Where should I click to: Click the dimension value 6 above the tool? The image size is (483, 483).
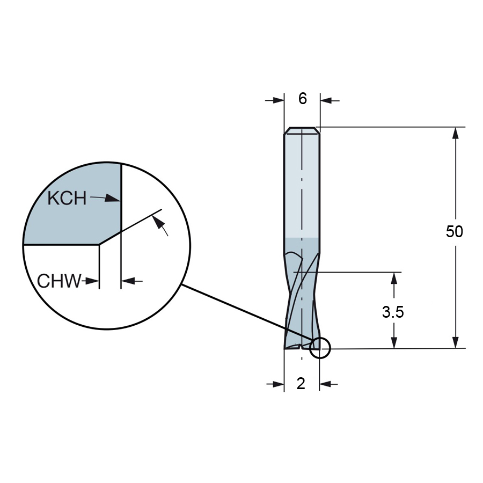point(303,99)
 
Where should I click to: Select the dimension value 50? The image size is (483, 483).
point(455,231)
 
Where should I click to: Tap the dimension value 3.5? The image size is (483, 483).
point(393,312)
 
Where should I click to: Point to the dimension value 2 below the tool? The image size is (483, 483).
point(301,384)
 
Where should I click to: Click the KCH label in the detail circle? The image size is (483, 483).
point(67,198)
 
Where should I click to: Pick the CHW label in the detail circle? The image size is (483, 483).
point(59,281)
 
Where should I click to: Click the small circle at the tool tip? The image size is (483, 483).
point(320,348)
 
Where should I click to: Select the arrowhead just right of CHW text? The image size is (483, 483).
point(92,281)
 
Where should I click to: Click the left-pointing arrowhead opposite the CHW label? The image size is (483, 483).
point(128,281)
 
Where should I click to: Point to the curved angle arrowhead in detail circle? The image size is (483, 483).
point(158,222)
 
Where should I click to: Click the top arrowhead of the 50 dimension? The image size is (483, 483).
point(456,134)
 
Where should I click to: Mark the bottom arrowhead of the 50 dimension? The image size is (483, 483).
point(456,342)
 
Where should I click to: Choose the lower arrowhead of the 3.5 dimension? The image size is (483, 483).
point(394,342)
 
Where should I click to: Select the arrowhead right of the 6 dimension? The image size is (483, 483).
point(327,100)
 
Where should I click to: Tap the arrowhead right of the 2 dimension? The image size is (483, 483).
point(326,384)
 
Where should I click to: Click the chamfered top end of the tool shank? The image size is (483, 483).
point(302,130)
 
